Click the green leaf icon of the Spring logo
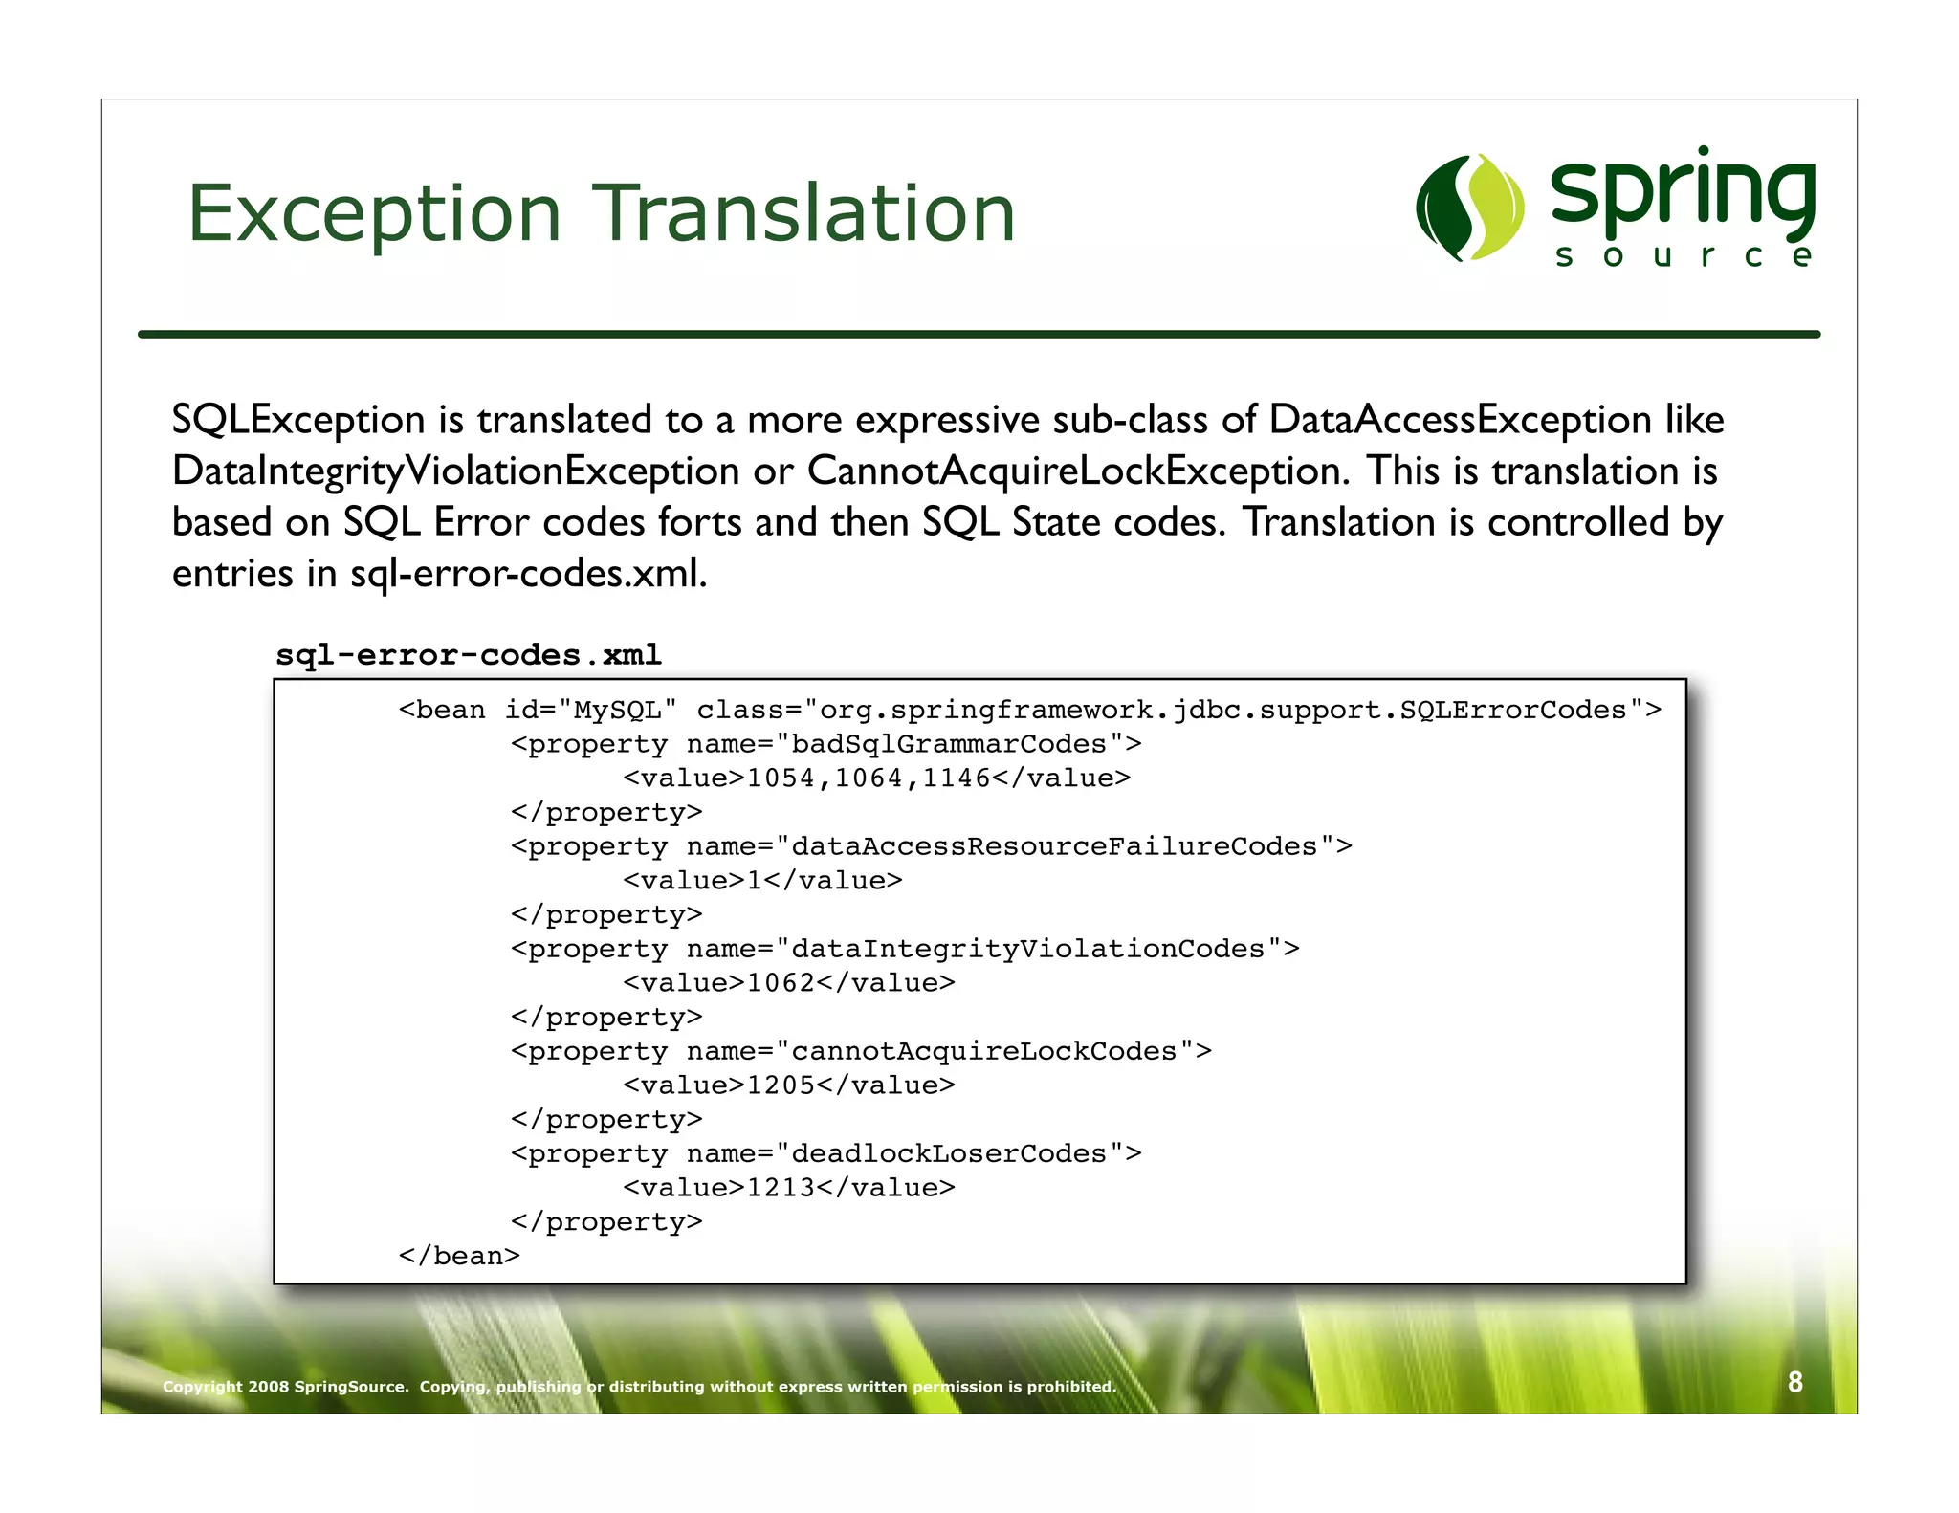[x=1469, y=208]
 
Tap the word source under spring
[x=1684, y=256]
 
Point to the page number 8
[x=1794, y=1382]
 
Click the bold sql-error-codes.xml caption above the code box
[x=469, y=655]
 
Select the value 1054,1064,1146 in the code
[x=868, y=778]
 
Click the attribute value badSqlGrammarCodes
[x=949, y=744]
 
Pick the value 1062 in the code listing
[x=781, y=983]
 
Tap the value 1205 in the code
[x=781, y=1085]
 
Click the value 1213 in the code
[x=781, y=1188]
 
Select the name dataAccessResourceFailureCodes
[x=1054, y=846]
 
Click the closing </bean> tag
[x=459, y=1256]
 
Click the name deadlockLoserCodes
[x=949, y=1153]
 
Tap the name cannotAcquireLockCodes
[x=983, y=1051]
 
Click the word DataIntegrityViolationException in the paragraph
[x=455, y=471]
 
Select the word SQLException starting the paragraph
[x=298, y=421]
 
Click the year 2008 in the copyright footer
[x=268, y=1387]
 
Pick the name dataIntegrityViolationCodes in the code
[x=1028, y=949]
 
